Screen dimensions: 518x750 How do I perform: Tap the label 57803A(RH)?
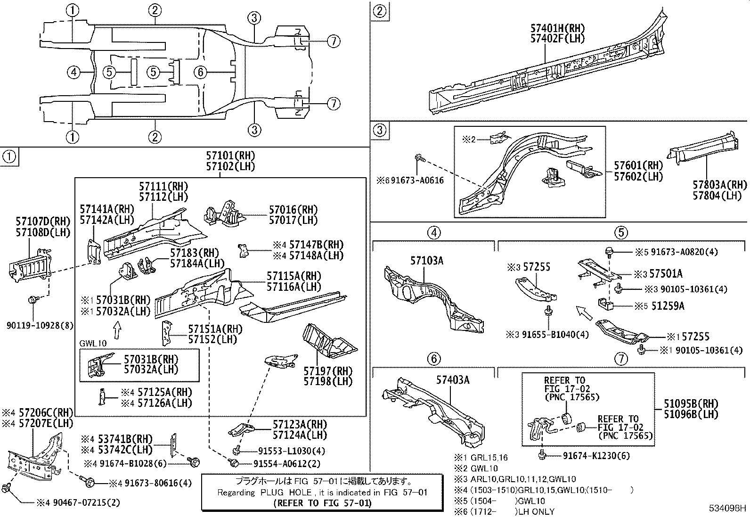click(719, 185)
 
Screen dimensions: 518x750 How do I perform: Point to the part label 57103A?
click(426, 261)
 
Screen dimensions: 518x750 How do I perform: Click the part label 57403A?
click(452, 380)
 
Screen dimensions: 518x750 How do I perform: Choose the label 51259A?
click(668, 306)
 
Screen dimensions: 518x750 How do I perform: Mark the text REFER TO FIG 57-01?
click(322, 503)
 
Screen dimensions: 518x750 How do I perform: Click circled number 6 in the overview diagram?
click(200, 72)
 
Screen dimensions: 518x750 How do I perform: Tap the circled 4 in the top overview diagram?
click(73, 72)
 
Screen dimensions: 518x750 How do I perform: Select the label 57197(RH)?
click(328, 371)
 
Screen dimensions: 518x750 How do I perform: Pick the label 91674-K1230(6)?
click(596, 455)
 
